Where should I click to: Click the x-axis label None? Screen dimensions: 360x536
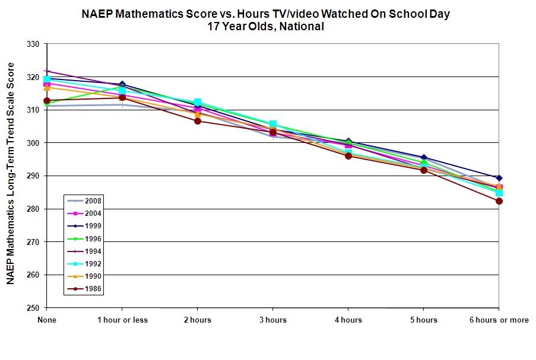point(46,320)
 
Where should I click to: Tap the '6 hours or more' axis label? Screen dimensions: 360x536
point(499,320)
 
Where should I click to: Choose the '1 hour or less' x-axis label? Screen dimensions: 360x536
point(122,320)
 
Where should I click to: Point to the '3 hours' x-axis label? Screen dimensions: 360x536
point(272,320)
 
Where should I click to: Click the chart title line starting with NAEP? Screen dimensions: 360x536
point(266,14)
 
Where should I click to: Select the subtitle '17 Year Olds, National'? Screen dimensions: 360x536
point(266,26)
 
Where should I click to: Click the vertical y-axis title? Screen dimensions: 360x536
point(10,176)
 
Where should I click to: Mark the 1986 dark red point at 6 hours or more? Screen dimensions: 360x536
point(499,201)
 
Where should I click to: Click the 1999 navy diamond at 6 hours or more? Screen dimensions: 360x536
point(499,178)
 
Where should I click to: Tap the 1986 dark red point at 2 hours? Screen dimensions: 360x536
point(197,121)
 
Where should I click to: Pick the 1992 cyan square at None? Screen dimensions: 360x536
point(46,79)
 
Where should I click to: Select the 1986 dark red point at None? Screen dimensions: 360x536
point(46,101)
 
